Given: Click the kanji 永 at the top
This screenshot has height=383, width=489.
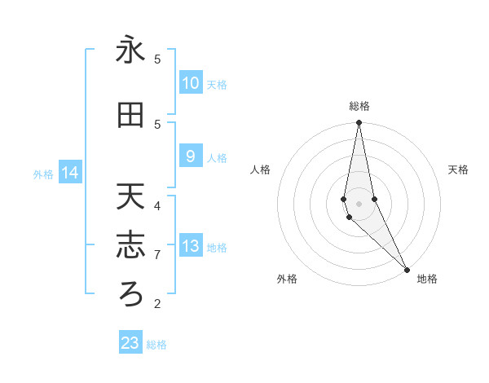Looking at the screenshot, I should (x=130, y=51).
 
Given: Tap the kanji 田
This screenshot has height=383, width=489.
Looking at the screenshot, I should (x=130, y=116).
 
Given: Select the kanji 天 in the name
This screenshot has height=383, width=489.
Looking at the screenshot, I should (x=130, y=196).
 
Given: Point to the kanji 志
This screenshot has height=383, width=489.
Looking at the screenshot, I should (x=130, y=245).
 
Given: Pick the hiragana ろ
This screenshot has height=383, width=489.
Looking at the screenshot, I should (x=130, y=294).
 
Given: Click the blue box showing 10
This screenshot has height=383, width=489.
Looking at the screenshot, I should (x=191, y=83).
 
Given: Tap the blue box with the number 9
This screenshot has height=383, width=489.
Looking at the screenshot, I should (x=191, y=156).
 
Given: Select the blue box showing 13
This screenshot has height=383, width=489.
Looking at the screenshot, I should (x=191, y=247).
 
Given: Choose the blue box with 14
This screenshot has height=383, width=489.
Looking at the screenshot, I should (x=70, y=173).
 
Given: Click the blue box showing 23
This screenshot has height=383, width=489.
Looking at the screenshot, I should (x=130, y=343).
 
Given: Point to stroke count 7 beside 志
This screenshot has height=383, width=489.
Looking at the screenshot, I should (x=157, y=255).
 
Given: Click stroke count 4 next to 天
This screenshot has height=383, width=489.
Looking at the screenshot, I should (x=157, y=205).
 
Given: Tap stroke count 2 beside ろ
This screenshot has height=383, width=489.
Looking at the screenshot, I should (x=157, y=304).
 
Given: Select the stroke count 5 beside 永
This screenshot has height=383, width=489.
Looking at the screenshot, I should (x=157, y=59).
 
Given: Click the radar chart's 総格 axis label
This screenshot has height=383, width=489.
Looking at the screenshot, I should (x=359, y=106).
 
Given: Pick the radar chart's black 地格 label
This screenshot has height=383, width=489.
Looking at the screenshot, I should (x=427, y=279).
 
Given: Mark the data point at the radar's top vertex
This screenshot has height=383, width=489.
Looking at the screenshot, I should (x=359, y=122).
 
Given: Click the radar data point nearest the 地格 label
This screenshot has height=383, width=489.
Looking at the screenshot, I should (x=407, y=268).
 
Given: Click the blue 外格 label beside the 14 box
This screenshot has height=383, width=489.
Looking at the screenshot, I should (x=43, y=174).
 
